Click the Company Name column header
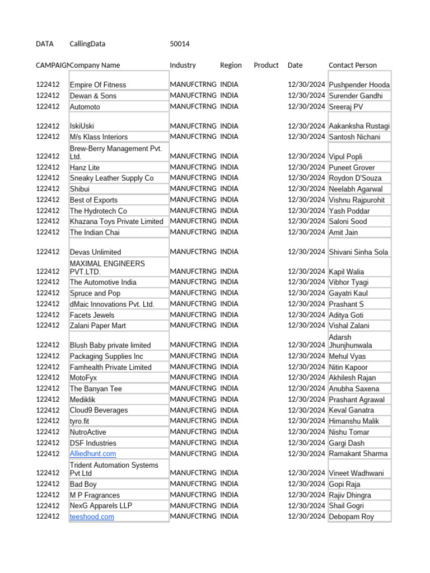pos(95,65)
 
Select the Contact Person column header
pos(353,65)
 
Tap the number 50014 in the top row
pos(180,44)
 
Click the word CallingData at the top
pos(87,44)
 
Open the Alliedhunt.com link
pos(93,454)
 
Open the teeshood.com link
pos(92,517)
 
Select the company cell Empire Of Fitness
pos(98,85)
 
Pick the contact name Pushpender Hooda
pos(359,85)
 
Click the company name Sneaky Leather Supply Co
pos(111,178)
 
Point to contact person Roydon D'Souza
pos(356,178)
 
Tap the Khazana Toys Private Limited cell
pos(116,222)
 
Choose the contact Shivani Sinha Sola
pos(358,252)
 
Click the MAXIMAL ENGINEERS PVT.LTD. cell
pos(107,267)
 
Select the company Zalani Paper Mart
pos(98,326)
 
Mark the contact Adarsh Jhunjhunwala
pos(350,341)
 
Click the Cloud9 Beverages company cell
pos(99,410)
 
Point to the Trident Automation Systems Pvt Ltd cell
pos(114,469)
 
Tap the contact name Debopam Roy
pos(351,517)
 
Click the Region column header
pos(231,65)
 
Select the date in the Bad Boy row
pos(306,484)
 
